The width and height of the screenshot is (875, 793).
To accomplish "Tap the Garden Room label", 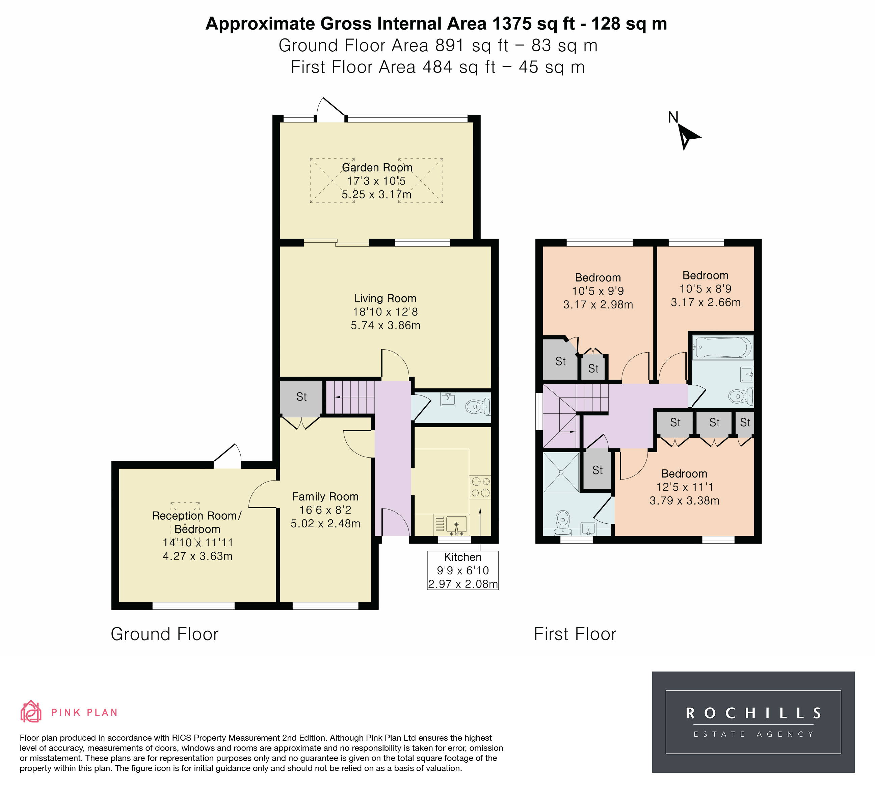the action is tap(377, 167).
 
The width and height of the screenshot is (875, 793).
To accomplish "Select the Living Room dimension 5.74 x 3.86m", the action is tap(386, 325).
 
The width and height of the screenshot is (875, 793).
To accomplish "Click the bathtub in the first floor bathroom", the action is tap(722, 348).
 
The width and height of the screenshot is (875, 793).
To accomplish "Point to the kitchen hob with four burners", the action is tap(480, 487).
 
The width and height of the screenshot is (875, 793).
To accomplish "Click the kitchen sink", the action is tap(456, 524).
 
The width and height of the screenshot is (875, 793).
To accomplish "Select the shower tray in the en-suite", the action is tap(561, 472).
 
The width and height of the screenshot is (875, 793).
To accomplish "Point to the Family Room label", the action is tap(325, 497).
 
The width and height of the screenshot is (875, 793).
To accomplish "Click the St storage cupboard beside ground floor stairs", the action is tap(301, 397).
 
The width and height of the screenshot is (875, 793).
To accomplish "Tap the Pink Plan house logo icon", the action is tap(31, 712).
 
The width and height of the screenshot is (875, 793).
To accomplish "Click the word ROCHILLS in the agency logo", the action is tap(753, 714).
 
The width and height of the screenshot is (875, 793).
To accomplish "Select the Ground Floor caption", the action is tap(164, 634).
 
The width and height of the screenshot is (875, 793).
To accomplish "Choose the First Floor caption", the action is tap(575, 634).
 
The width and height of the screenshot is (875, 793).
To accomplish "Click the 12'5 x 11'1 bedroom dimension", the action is tap(685, 487).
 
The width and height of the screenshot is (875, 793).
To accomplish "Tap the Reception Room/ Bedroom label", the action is tap(197, 522).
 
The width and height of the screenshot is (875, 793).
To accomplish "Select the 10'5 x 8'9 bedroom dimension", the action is tap(705, 289).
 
